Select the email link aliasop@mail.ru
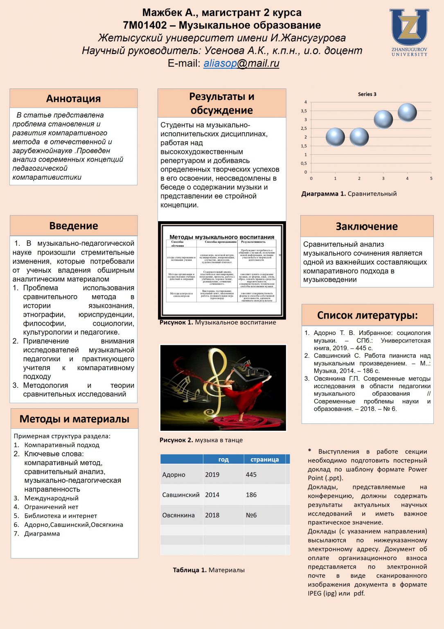[x=241, y=63]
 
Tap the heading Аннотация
[x=74, y=99]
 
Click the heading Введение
[x=74, y=226]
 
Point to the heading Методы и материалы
[x=74, y=419]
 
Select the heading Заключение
[x=367, y=226]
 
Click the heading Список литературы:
[x=367, y=315]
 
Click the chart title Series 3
[x=367, y=94]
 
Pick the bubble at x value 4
[x=407, y=113]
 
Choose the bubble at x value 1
[x=335, y=137]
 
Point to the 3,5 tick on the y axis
[x=304, y=111]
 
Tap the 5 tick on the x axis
[x=431, y=179]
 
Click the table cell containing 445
[x=251, y=475]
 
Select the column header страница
[x=264, y=459]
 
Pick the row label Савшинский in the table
[x=181, y=495]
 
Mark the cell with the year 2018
[x=212, y=515]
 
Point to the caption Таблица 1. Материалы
[x=209, y=570]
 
